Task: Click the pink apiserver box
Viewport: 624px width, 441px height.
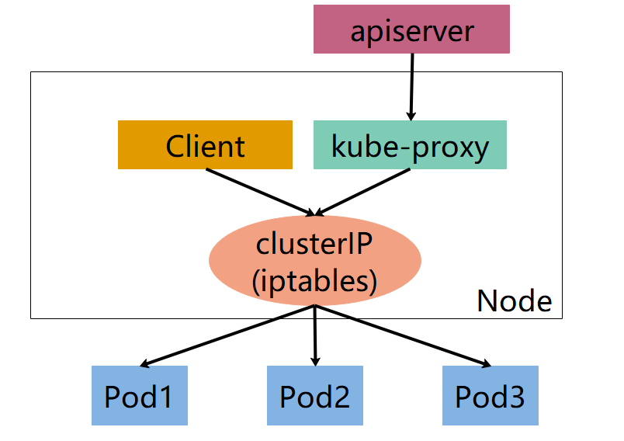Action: pos(411,30)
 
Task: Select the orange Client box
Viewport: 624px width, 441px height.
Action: pos(205,145)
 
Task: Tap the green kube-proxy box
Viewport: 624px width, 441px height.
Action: pos(410,145)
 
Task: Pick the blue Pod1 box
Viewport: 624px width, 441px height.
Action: pos(140,395)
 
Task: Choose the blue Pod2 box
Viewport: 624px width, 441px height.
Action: pos(315,395)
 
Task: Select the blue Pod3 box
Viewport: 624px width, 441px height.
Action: pos(490,395)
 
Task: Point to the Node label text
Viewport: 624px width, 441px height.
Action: pos(514,301)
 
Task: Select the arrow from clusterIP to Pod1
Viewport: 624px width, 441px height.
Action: pos(229,335)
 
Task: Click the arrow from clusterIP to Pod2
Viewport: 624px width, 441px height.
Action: pos(315,335)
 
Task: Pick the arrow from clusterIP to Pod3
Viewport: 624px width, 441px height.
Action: pos(402,335)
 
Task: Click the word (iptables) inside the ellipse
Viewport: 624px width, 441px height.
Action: pos(314,279)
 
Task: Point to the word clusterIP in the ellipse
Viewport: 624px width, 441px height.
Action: pos(314,244)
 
